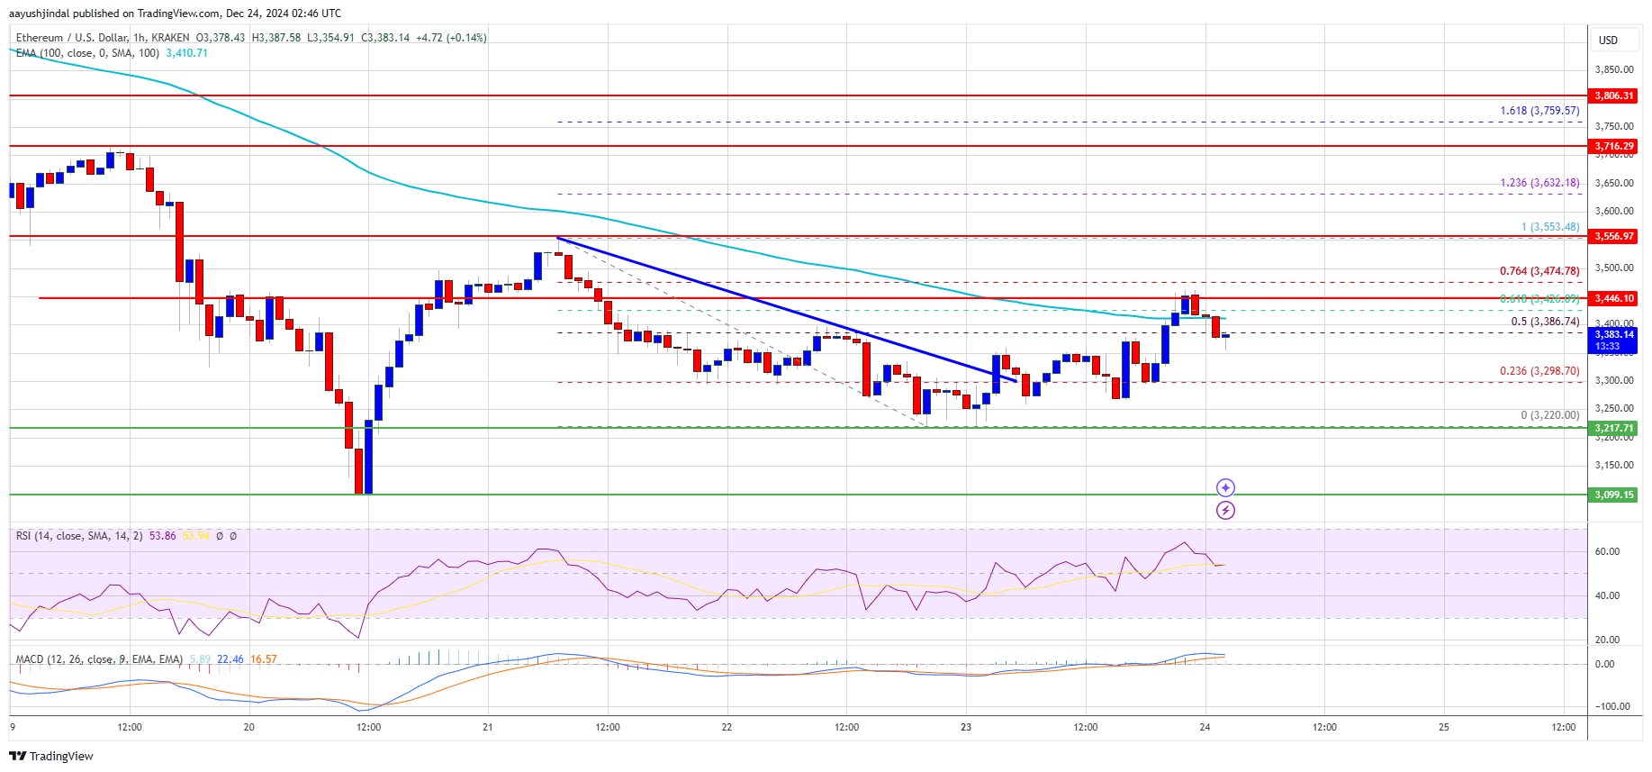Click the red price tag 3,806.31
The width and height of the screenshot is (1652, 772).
click(x=1613, y=95)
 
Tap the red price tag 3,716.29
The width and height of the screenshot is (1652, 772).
click(x=1613, y=146)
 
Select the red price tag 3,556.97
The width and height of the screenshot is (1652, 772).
click(x=1613, y=236)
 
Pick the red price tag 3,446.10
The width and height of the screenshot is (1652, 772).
click(x=1613, y=298)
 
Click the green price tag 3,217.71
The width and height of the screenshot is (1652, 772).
click(x=1613, y=428)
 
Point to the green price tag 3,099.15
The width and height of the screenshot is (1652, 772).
click(x=1613, y=495)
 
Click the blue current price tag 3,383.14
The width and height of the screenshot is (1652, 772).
click(x=1613, y=335)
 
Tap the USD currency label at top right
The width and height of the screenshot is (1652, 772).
click(x=1608, y=41)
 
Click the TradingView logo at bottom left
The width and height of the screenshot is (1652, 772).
click(x=51, y=756)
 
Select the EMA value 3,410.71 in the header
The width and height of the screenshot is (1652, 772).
click(x=186, y=53)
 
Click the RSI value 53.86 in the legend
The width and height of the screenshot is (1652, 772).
click(x=163, y=536)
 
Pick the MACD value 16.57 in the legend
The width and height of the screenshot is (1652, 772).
click(x=264, y=659)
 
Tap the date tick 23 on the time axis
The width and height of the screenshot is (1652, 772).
click(x=966, y=727)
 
